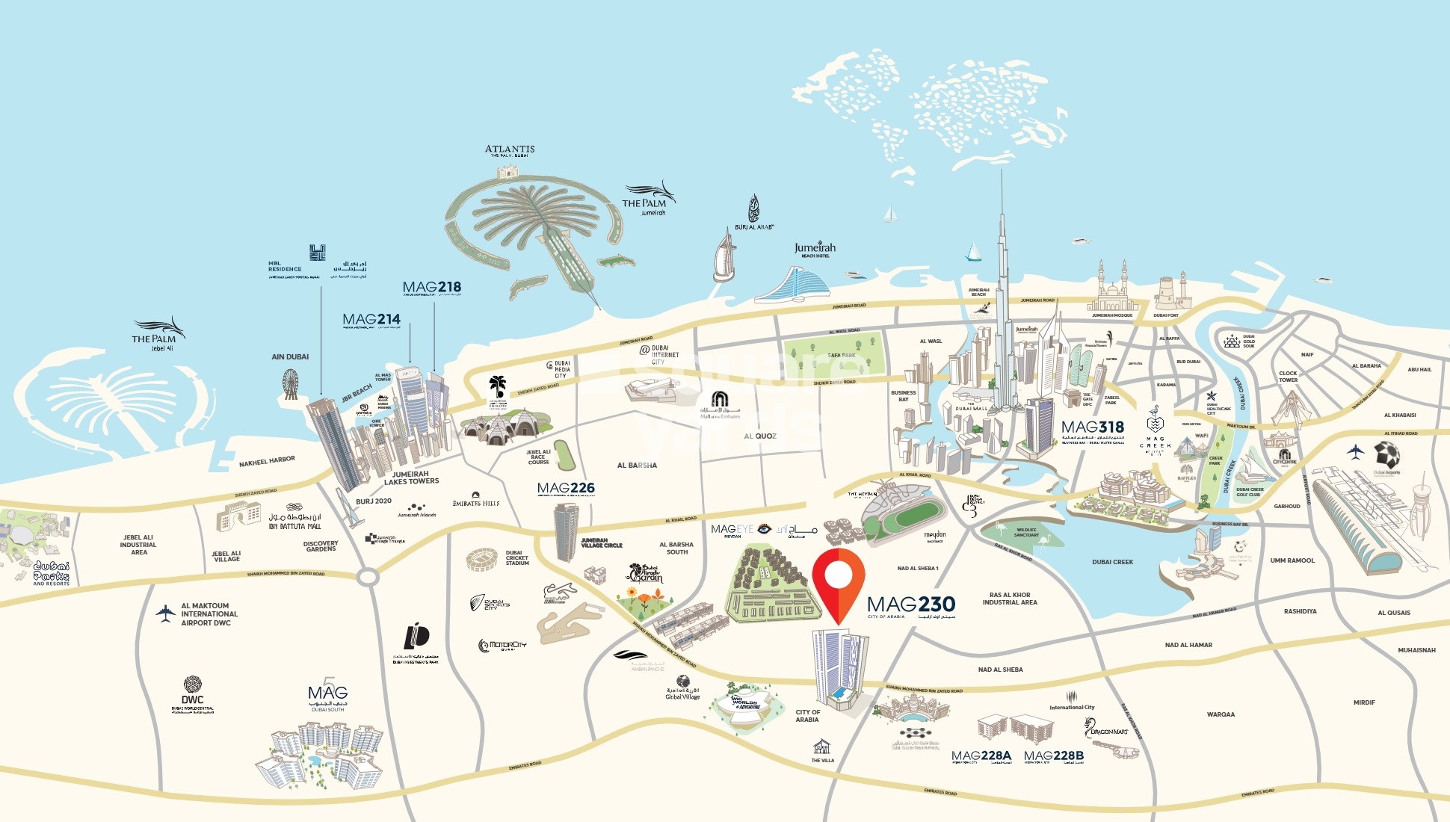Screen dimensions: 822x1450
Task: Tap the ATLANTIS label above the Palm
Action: point(510,150)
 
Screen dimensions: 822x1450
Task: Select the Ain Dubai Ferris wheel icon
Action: point(291,383)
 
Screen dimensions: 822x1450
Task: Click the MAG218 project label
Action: point(432,288)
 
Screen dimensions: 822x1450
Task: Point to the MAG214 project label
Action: point(371,320)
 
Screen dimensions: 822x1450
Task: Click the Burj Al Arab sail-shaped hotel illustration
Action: point(724,257)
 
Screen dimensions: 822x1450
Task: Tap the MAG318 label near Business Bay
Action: point(1093,427)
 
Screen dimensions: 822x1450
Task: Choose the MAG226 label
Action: point(566,489)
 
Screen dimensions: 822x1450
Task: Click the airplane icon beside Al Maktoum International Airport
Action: point(165,614)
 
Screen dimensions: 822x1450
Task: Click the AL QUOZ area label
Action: point(760,436)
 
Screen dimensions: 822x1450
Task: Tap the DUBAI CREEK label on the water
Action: point(1112,562)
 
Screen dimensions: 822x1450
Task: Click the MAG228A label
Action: point(981,756)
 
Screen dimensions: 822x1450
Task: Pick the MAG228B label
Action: point(1054,756)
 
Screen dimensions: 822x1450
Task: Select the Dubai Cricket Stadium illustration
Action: point(482,560)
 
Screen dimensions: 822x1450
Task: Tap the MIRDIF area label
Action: point(1364,702)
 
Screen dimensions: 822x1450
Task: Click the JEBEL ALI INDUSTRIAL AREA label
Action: point(138,545)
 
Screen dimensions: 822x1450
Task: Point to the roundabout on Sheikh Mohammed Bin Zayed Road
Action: point(367,577)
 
